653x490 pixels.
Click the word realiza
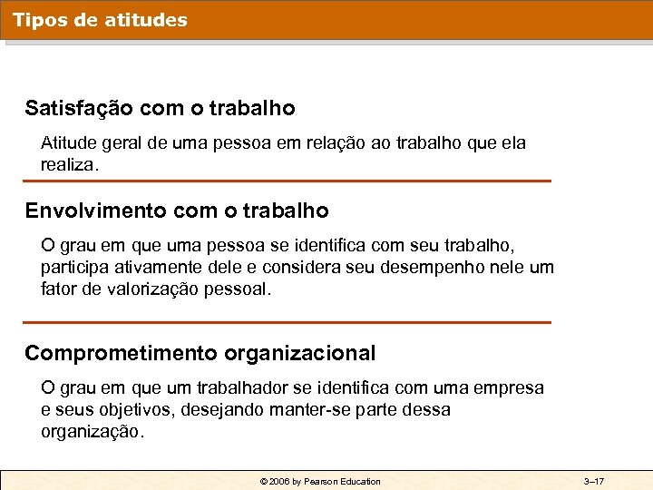click(x=68, y=166)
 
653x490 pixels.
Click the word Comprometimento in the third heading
click(x=122, y=353)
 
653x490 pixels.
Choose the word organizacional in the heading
click(x=300, y=353)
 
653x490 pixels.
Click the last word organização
click(x=92, y=432)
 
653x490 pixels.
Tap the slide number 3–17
click(x=594, y=481)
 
